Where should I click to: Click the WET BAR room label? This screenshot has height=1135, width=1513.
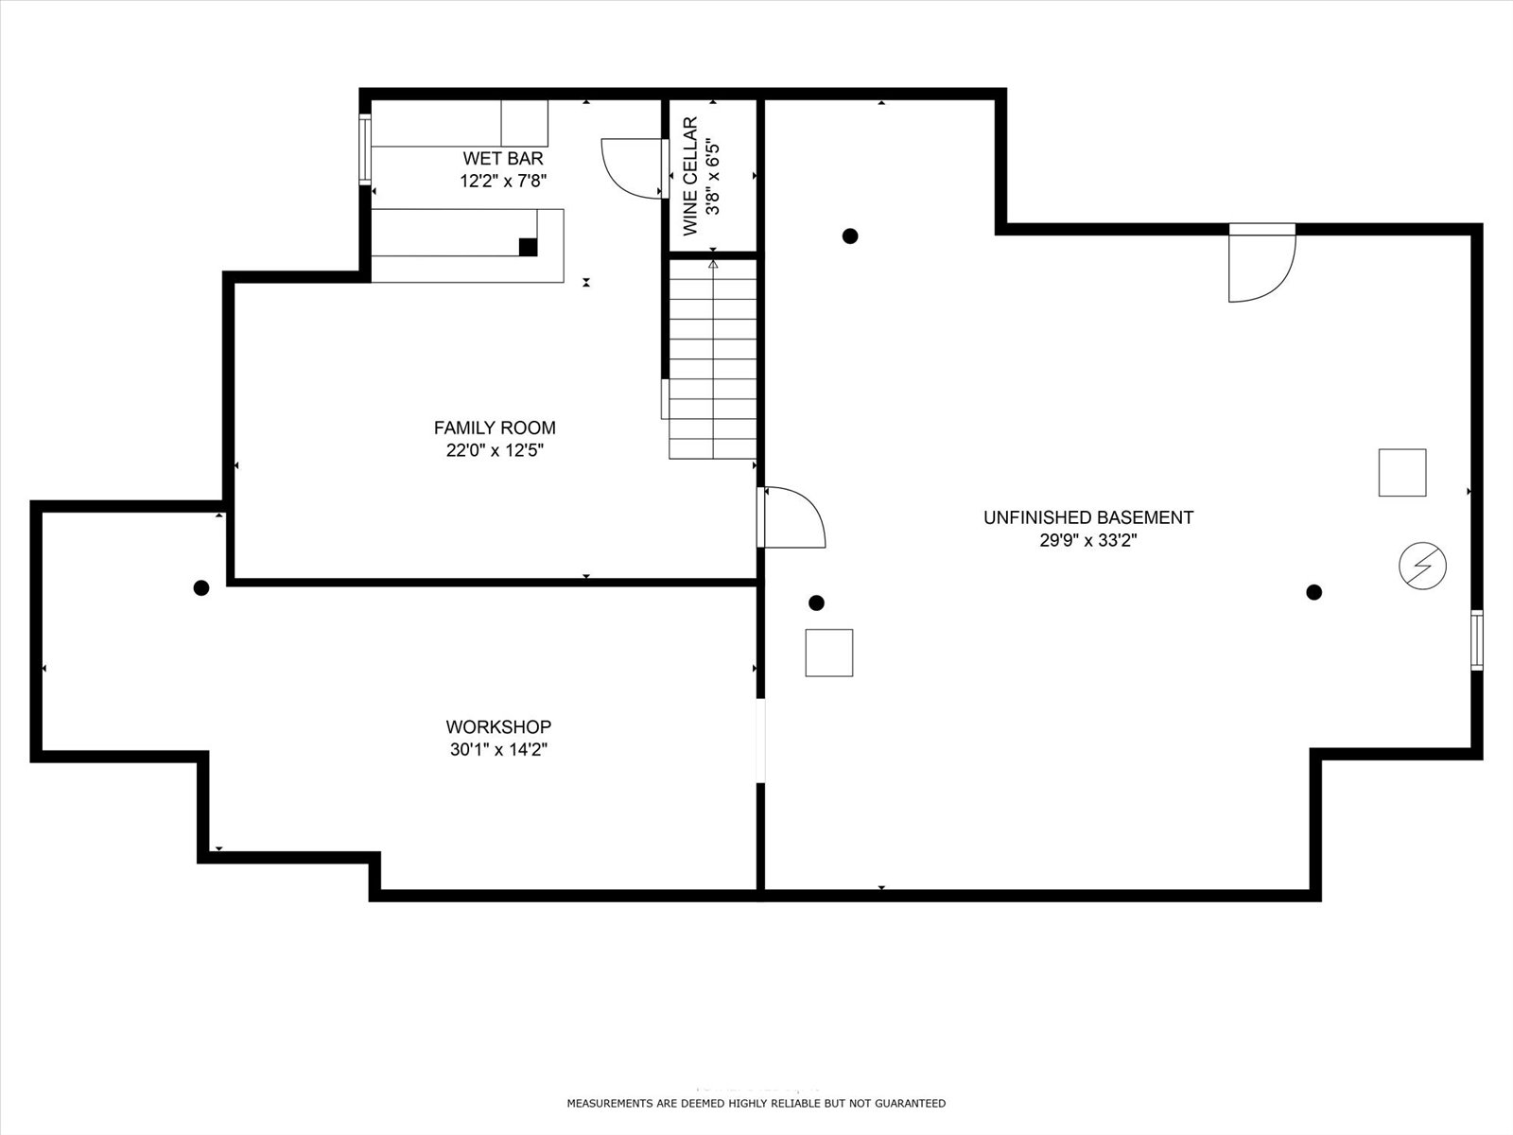502,159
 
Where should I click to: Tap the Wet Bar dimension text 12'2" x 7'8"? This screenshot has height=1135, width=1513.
503,182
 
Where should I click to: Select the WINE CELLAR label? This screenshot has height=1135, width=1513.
690,177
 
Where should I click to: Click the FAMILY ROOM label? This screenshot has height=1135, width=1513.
495,428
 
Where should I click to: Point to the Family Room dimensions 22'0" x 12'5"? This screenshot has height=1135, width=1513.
495,451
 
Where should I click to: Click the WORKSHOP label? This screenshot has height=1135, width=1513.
498,727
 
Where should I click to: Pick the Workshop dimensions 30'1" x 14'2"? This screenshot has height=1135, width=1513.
498,750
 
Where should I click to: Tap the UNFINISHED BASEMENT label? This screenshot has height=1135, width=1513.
1088,517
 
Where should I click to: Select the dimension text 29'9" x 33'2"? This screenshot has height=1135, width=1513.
1088,540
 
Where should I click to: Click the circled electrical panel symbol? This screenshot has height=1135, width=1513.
1423,567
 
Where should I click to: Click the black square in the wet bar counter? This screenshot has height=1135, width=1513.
528,247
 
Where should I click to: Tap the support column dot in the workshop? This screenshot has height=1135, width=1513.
201,587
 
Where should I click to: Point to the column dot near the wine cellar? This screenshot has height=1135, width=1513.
850,236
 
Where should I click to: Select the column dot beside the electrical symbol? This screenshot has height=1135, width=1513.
1313,592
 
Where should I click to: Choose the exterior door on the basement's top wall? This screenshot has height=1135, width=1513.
1262,263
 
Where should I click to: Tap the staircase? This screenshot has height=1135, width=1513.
713,359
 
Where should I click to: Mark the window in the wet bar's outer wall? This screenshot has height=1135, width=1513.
365,149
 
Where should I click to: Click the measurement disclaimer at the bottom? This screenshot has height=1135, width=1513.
756,1103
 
